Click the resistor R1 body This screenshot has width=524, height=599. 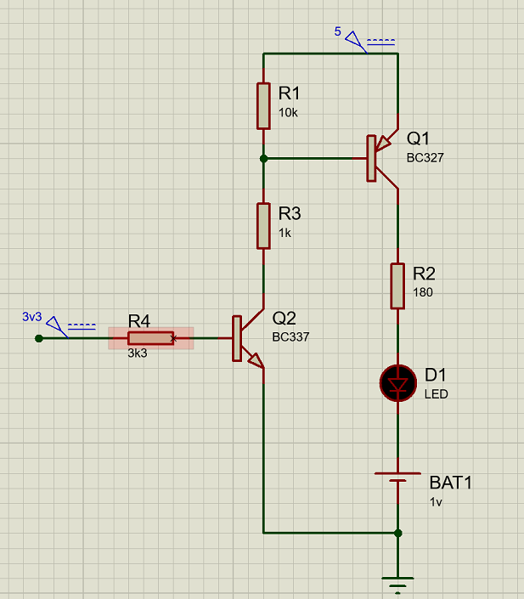pyautogui.click(x=263, y=106)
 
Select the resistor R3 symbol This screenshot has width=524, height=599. pyautogui.click(x=263, y=226)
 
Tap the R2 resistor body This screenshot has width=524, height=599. pyautogui.click(x=397, y=285)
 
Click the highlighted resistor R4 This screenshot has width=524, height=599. pyautogui.click(x=151, y=338)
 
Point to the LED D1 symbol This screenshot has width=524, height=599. pyautogui.click(x=398, y=383)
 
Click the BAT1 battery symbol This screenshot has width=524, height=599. pyautogui.click(x=397, y=478)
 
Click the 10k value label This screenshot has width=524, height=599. pyautogui.click(x=288, y=113)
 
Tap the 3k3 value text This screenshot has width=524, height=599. pyautogui.click(x=138, y=353)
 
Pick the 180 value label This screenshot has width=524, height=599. pyautogui.click(x=423, y=292)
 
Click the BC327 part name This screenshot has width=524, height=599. pyautogui.click(x=425, y=158)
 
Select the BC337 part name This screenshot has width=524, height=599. pyautogui.click(x=290, y=337)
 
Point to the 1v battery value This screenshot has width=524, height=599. pyautogui.click(x=436, y=501)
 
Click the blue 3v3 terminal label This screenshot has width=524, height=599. pyautogui.click(x=32, y=317)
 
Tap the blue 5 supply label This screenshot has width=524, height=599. pyautogui.click(x=338, y=31)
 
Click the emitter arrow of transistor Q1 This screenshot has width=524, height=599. pyautogui.click(x=383, y=144)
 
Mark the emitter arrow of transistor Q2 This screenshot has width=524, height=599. pyautogui.click(x=256, y=360)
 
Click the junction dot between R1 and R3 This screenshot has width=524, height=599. pyautogui.click(x=263, y=158)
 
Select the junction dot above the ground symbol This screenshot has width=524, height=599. pyautogui.click(x=397, y=533)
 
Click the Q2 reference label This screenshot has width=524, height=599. pyautogui.click(x=285, y=318)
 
